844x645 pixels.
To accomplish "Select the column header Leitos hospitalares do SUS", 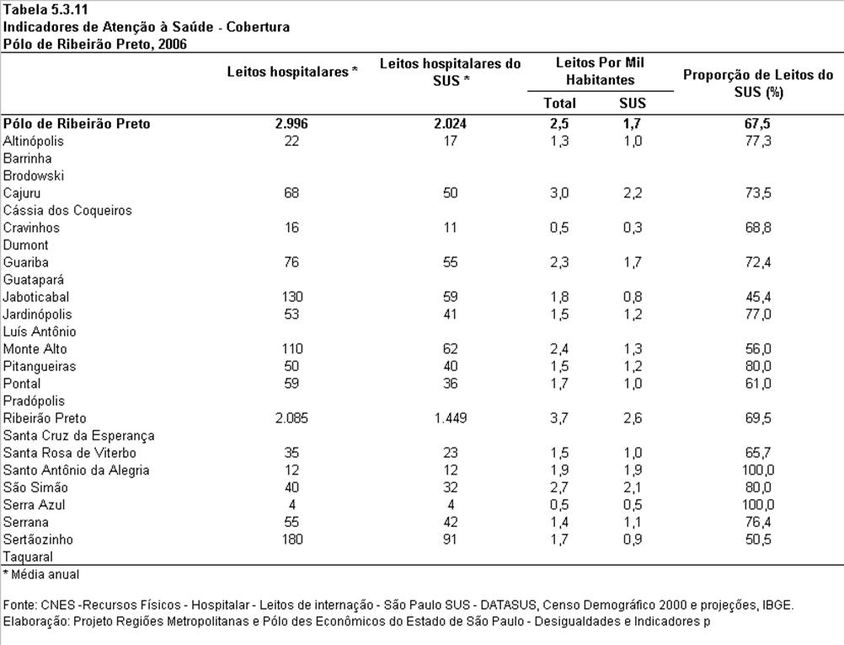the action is [450, 73].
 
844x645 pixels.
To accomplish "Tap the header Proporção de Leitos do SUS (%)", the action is [758, 83].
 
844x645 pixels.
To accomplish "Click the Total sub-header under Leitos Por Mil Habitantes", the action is [559, 103].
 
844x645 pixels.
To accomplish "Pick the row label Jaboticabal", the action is [36, 297].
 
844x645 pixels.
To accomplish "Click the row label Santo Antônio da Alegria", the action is [76, 470].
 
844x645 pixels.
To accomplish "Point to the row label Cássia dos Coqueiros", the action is [67, 210].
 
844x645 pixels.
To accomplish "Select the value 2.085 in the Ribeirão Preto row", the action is [291, 418].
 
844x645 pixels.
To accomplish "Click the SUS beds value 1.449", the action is [450, 418].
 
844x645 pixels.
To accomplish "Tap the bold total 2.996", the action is [291, 124].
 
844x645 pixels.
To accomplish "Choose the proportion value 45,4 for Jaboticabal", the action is [758, 297].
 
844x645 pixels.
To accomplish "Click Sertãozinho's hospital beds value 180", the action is [291, 540].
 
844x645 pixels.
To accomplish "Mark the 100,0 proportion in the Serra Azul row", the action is [758, 505].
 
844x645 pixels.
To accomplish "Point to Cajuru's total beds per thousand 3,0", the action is [559, 193].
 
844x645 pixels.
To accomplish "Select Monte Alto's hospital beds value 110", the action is [291, 348].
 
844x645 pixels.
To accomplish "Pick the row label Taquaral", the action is [28, 556].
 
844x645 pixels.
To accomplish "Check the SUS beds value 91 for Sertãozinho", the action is [450, 540].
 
